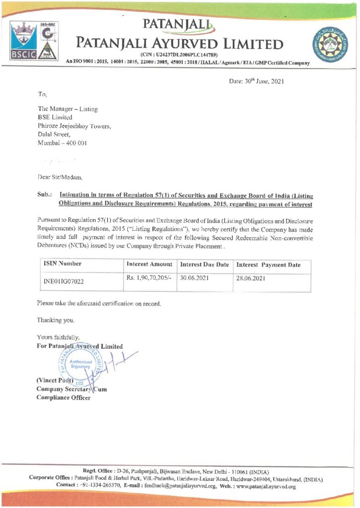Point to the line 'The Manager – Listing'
click(68, 109)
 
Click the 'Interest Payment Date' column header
click(269, 265)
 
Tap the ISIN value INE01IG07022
click(63, 281)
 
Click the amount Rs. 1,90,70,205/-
click(149, 278)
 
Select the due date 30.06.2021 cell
click(195, 278)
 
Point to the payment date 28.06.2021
click(252, 279)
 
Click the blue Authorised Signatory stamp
click(76, 365)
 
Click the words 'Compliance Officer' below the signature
click(64, 398)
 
